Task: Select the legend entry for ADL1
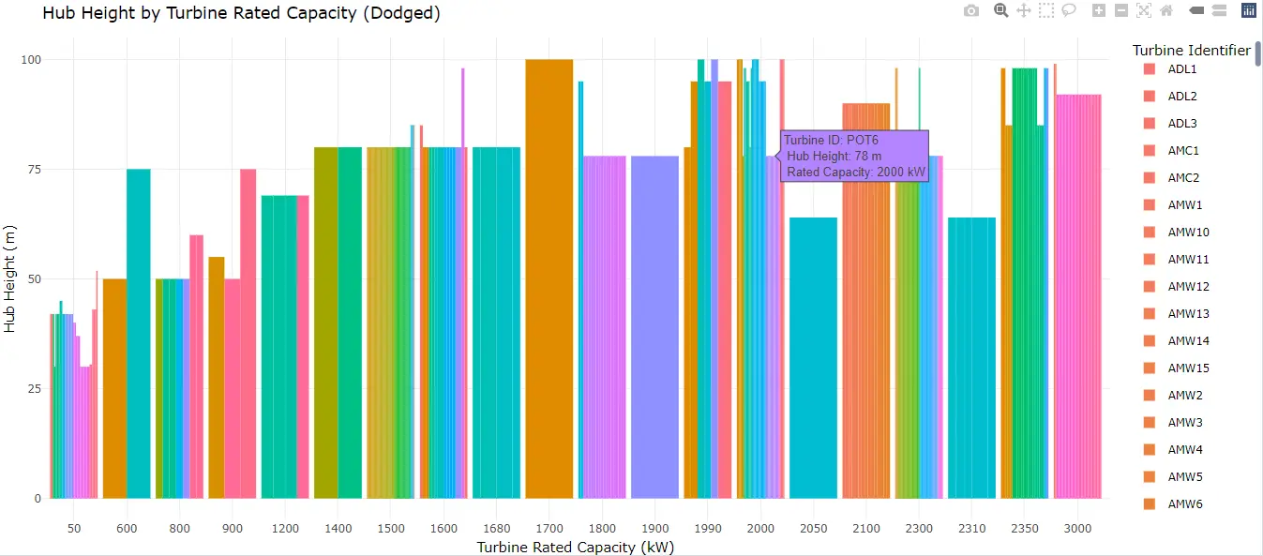coord(1181,69)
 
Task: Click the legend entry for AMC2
coord(1183,178)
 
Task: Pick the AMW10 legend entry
coord(1188,233)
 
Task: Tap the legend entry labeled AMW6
coord(1185,504)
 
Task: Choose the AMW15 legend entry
coord(1188,368)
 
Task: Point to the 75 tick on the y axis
coord(32,170)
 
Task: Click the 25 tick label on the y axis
coord(32,388)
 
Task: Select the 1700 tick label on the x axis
coord(549,529)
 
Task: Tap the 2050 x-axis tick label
coord(813,529)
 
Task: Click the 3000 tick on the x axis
coord(1077,529)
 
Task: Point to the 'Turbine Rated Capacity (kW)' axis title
coord(576,548)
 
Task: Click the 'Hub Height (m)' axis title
coord(10,278)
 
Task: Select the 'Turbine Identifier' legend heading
coord(1191,50)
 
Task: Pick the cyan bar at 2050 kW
coord(813,357)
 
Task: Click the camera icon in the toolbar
coord(971,11)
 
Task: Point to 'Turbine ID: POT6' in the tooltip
coord(831,141)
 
